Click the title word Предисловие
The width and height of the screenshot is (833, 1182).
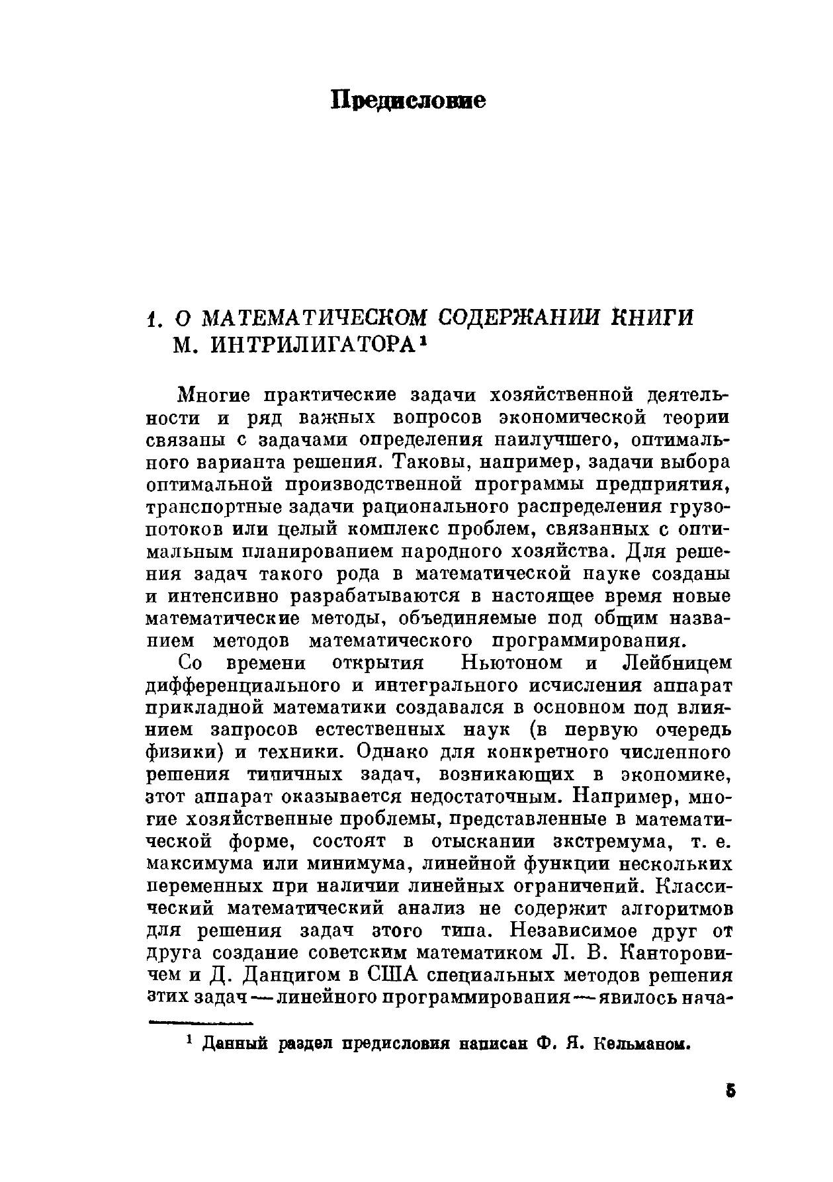coord(408,101)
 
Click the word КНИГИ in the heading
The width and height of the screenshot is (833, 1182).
coord(653,317)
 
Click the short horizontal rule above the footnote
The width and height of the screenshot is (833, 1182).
coord(202,1023)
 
